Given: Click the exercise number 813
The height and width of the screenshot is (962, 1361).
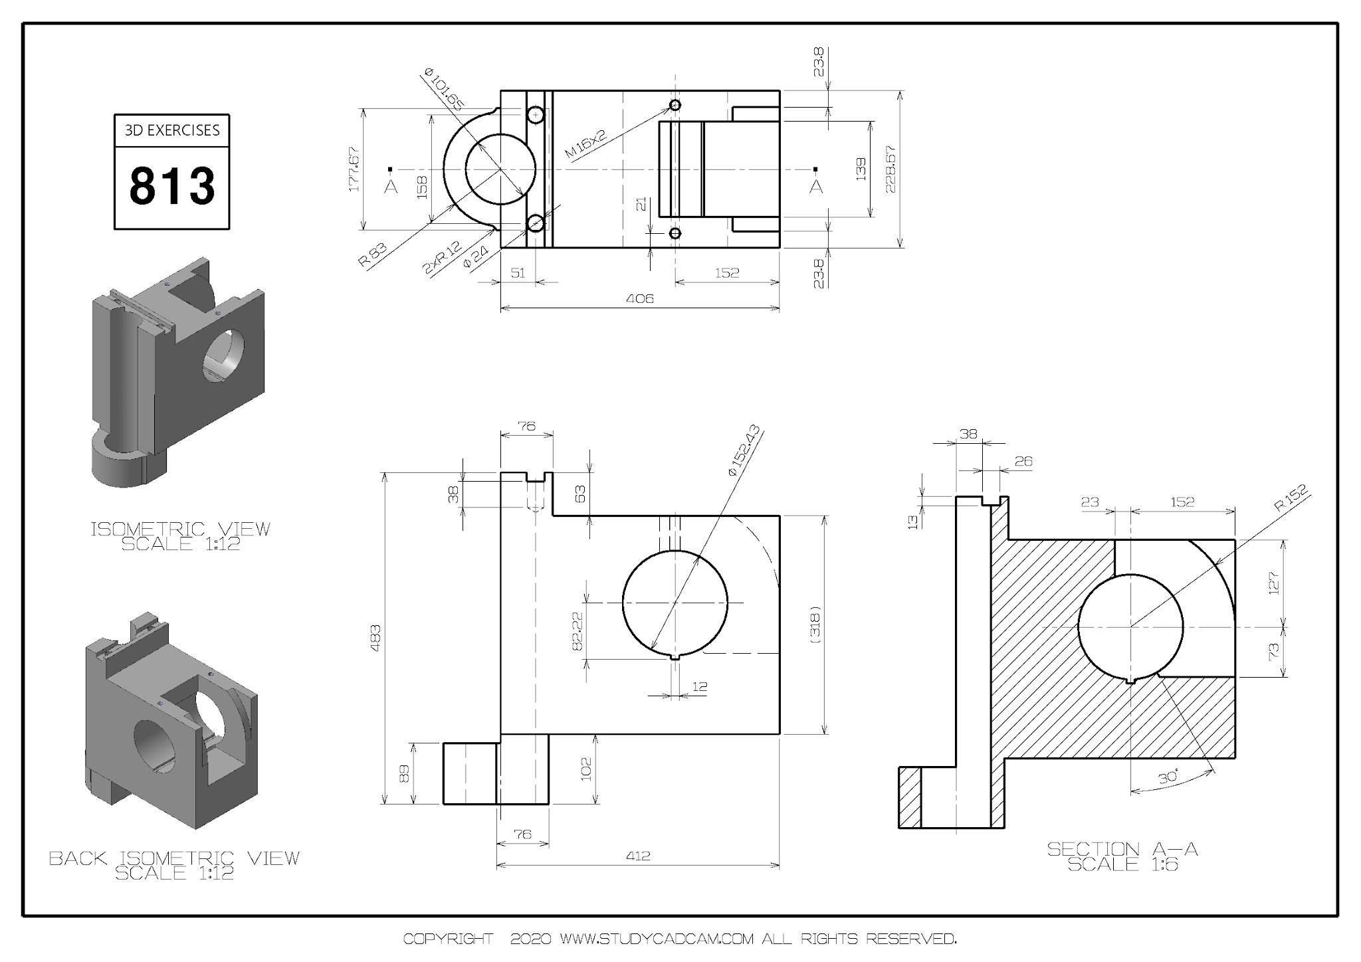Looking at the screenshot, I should [x=172, y=186].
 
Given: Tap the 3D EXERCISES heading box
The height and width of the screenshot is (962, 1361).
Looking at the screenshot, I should [x=172, y=130].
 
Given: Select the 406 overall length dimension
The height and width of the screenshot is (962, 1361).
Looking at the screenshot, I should [x=639, y=298].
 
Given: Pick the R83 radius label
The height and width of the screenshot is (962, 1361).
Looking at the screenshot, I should [x=372, y=255].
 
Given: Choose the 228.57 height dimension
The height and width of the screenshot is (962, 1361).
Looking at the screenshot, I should [x=890, y=169].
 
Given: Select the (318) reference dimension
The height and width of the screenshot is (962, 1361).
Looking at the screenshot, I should [x=816, y=624].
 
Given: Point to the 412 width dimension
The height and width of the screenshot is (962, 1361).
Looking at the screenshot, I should [x=638, y=856].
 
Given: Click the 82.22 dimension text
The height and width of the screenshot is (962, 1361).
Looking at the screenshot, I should [x=577, y=630].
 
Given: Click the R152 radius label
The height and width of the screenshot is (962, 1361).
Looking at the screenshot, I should [x=1291, y=498].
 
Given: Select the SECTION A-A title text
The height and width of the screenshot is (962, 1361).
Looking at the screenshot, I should [x=1122, y=849].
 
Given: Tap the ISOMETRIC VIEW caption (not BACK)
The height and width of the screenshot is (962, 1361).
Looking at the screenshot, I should [x=181, y=529].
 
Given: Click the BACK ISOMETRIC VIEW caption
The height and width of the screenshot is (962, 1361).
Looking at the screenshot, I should [x=175, y=858].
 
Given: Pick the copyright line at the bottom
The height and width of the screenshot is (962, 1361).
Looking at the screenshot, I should [x=680, y=939].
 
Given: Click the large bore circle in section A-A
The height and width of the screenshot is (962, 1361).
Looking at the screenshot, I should [x=1130, y=626].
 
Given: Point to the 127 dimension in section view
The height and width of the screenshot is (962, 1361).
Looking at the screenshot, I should [x=1273, y=583].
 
